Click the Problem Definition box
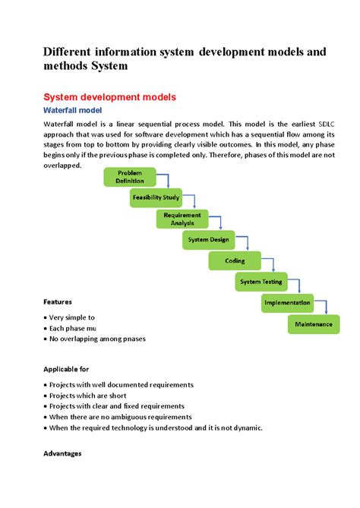coord(130,177)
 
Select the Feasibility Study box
coord(156,197)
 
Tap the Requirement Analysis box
coord(182,219)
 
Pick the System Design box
coord(209,240)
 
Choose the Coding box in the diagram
coord(235,260)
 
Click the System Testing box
coord(261,282)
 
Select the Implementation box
coord(287,303)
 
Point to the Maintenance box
coord(314,324)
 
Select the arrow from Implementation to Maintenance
coord(324,308)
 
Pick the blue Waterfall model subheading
coord(73,110)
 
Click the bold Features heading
coord(58,301)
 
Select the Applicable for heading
coord(66,369)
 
